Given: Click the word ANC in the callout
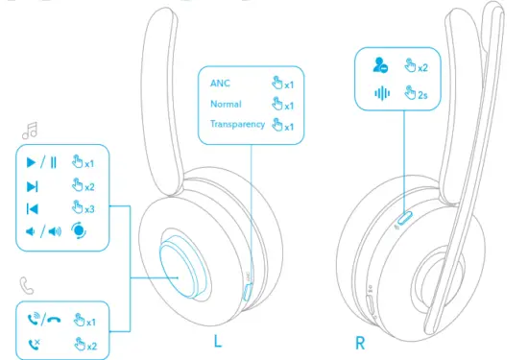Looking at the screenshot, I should [221, 83].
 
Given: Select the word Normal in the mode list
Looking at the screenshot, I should [227, 104].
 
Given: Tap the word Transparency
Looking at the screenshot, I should [238, 125].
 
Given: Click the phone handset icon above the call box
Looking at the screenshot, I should [27, 284].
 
